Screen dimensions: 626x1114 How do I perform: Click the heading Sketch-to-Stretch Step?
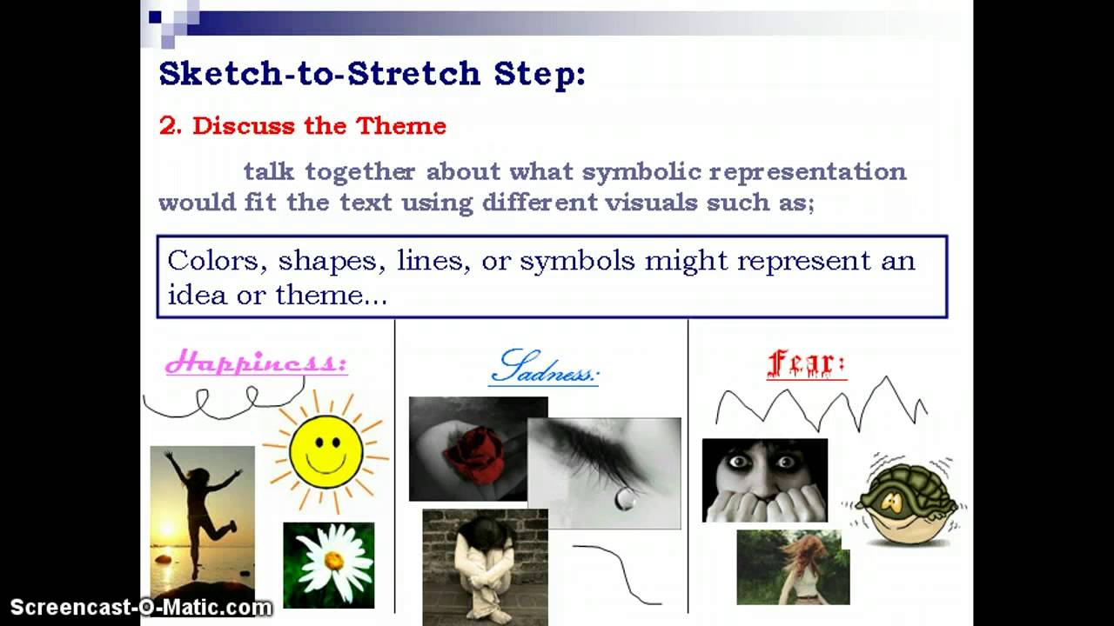[372, 74]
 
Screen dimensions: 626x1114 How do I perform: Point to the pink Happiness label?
[256, 362]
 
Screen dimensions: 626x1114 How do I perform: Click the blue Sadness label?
[544, 369]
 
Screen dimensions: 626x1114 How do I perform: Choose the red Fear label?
[806, 365]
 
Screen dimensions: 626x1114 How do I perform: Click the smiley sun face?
[325, 450]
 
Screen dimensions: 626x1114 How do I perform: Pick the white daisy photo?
[329, 564]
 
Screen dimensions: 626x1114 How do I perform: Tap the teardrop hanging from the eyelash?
[625, 497]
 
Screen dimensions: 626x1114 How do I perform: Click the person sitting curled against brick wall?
[485, 565]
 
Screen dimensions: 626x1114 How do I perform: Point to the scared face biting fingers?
[764, 480]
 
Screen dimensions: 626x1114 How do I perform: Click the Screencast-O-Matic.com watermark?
[142, 608]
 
